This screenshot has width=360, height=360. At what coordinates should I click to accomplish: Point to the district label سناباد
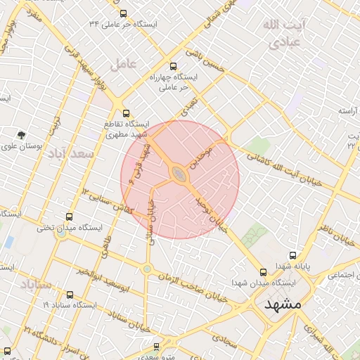tap(36, 285)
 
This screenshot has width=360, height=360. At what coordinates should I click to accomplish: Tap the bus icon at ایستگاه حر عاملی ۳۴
tap(124, 13)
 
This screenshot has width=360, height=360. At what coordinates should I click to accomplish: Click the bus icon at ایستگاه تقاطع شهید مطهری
tap(126, 112)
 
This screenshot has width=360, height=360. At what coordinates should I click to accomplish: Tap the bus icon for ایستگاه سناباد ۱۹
tap(69, 295)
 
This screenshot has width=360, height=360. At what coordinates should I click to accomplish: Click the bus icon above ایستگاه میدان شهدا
tap(263, 271)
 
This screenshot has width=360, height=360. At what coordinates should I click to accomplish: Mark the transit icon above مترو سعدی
tap(156, 346)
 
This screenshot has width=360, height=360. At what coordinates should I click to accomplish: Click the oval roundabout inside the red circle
tap(180, 173)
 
